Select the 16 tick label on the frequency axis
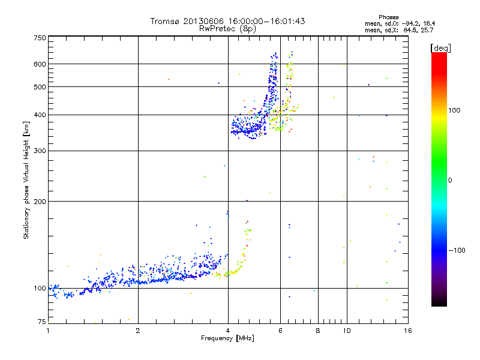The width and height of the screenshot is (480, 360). (x=407, y=331)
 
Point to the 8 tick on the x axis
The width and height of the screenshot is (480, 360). (x=318, y=331)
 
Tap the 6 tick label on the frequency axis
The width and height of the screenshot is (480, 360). (x=280, y=331)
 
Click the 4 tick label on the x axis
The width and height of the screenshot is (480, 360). (x=228, y=331)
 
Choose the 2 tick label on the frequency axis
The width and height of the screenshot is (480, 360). (x=138, y=331)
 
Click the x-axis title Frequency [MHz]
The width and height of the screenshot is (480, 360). (x=227, y=339)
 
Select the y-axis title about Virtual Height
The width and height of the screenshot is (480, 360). (x=27, y=180)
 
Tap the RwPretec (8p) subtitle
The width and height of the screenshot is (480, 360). (x=227, y=28)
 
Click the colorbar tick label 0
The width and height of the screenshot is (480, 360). (x=451, y=180)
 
